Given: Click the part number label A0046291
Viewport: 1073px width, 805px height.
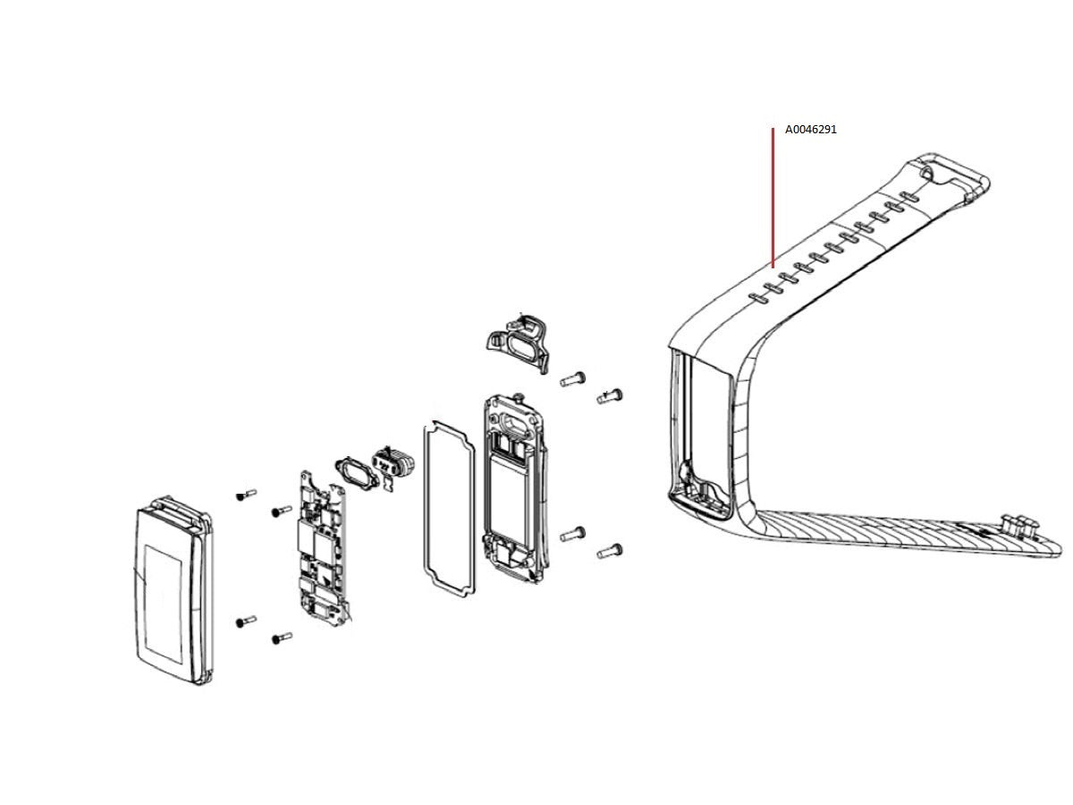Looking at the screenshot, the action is coord(810,130).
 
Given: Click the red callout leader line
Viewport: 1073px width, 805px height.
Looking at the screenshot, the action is coord(773,198).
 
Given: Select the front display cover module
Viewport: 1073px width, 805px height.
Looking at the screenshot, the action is coord(174,590).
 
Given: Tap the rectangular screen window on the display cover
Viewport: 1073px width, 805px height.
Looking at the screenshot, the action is coord(164,604).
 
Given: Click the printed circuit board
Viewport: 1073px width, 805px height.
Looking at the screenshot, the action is coord(323,548).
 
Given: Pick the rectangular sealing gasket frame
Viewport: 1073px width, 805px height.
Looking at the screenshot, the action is coord(449,508).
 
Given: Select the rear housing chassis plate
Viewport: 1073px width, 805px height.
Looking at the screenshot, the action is coord(515,488).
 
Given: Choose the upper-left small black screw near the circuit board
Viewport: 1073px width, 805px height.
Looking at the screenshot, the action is coord(246,495).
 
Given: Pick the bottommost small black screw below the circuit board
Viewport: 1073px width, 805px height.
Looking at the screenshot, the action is coord(282,638).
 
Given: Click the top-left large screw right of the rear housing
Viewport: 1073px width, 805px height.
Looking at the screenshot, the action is coord(572,378).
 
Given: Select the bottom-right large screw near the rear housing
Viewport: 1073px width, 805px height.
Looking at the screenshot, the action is coord(609,551).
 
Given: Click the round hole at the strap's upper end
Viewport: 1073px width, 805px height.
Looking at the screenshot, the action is coord(927,173).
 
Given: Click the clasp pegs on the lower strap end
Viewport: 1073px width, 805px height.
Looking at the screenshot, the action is coord(1017,525).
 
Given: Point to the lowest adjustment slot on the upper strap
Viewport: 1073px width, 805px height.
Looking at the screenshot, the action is coord(758,298).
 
